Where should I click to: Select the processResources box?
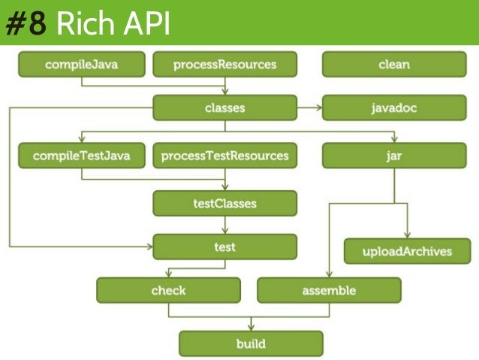coord(224,65)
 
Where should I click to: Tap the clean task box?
coord(394,65)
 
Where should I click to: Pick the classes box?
coord(224,108)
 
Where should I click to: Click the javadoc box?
coord(394,108)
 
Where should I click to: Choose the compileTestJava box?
coord(82,156)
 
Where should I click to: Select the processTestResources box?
coord(224,156)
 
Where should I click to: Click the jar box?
coord(394,156)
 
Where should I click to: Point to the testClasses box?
coord(224,203)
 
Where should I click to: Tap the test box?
coord(224,247)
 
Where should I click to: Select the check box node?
coord(168,290)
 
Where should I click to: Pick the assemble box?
coord(329,290)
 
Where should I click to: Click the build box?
coord(251,344)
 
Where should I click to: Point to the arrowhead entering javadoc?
coord(318,108)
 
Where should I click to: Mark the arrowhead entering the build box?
coord(251,328)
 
